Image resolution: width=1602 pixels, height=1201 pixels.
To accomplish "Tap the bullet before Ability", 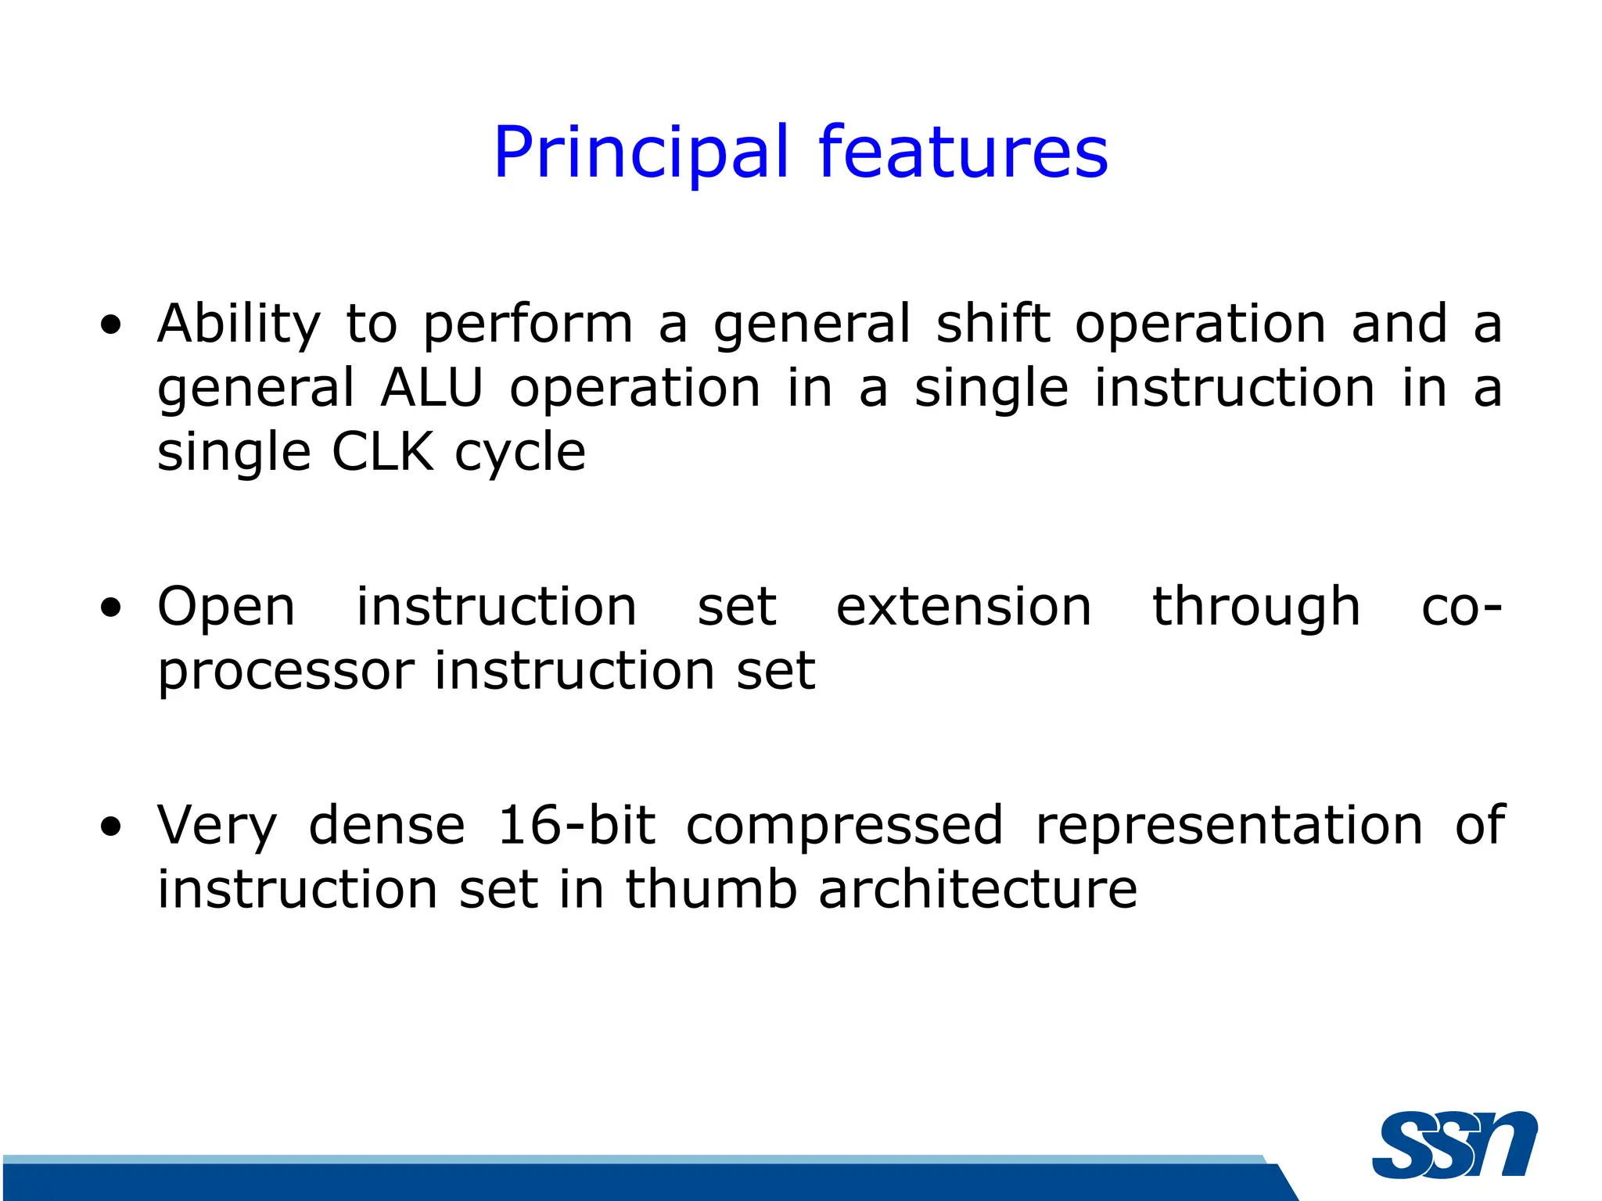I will click(111, 325).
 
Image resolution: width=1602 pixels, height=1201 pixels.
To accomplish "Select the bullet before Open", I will click(111, 608).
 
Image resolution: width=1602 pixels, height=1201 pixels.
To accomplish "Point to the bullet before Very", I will click(111, 827).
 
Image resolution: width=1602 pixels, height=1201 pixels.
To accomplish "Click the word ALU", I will click(431, 389).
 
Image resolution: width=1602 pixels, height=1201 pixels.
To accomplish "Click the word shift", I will click(993, 324).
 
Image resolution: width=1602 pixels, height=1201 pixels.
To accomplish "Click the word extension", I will click(964, 608).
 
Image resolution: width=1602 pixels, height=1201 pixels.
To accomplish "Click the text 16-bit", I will click(577, 826).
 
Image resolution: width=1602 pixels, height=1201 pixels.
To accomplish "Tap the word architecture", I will click(978, 890).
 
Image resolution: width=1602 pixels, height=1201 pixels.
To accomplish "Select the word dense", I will click(387, 826).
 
